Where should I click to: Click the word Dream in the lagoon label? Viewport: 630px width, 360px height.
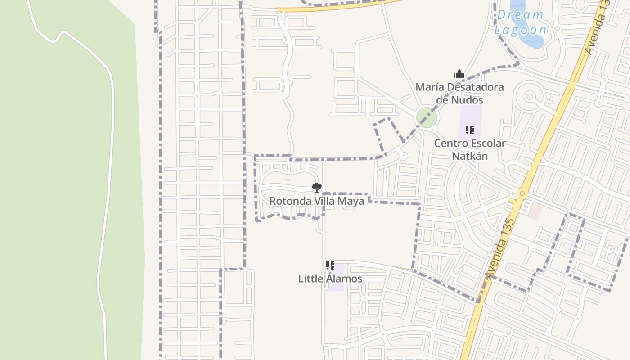(520, 15)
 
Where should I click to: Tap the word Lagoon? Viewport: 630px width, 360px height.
(521, 31)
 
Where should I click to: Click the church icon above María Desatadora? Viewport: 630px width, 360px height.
(459, 74)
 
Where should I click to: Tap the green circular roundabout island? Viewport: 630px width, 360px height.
(427, 117)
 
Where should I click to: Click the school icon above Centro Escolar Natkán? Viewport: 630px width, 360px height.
(469, 130)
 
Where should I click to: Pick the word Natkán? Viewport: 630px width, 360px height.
(469, 156)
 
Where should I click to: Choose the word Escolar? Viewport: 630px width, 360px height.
(486, 144)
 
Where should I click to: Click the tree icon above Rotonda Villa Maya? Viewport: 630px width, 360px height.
(317, 188)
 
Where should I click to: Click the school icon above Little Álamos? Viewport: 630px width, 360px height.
(330, 266)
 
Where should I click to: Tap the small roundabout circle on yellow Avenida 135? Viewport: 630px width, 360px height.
(522, 194)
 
